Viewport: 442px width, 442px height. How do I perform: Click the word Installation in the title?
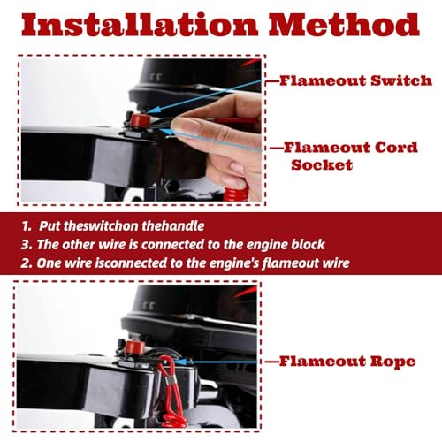click(140, 25)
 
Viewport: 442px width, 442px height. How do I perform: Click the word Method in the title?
click(344, 25)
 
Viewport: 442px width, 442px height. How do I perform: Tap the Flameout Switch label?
click(355, 80)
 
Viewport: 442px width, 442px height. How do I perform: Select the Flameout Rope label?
click(347, 362)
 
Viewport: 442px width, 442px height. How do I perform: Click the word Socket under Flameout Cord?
click(322, 164)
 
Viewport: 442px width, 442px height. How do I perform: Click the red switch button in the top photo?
click(141, 120)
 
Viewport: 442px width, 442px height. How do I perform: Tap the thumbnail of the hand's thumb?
click(187, 126)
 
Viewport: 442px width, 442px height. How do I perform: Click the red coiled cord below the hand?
click(236, 190)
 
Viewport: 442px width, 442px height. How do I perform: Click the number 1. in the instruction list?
click(27, 226)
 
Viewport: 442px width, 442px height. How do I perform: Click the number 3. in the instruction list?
click(27, 245)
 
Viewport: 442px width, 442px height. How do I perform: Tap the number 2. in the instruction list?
click(27, 263)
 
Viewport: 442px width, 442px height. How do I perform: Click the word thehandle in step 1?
click(173, 226)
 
